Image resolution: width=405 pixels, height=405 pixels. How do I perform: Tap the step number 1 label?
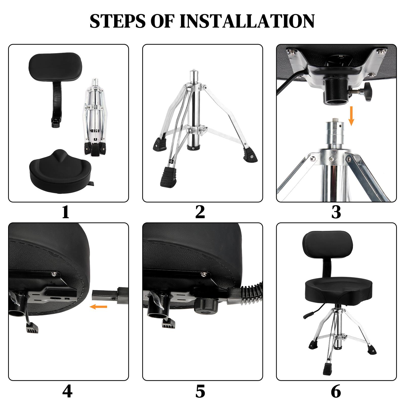tap(66, 212)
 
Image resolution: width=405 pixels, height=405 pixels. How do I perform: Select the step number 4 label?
tap(67, 391)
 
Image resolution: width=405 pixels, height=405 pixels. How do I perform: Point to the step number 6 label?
tap(336, 391)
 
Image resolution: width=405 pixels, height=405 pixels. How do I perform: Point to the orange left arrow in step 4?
tap(99, 307)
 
